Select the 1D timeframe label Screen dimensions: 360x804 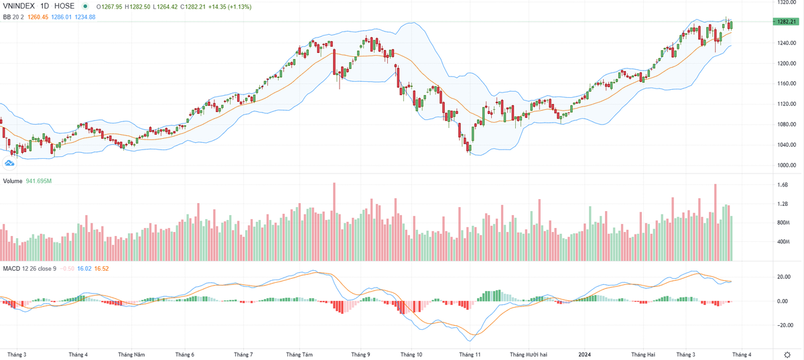tap(48, 7)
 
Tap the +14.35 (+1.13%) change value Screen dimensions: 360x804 tap(229, 7)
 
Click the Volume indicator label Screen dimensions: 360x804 tap(13, 181)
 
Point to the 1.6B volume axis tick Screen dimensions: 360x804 tap(782, 184)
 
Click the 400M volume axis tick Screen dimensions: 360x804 tap(783, 241)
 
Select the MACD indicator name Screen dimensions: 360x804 tap(11, 269)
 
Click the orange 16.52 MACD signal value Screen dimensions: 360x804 tap(101, 269)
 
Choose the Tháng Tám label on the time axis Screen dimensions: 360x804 tap(299, 354)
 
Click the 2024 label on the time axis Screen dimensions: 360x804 tap(585, 354)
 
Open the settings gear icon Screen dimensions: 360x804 tap(787, 353)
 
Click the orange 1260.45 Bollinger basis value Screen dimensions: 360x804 tap(38, 17)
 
